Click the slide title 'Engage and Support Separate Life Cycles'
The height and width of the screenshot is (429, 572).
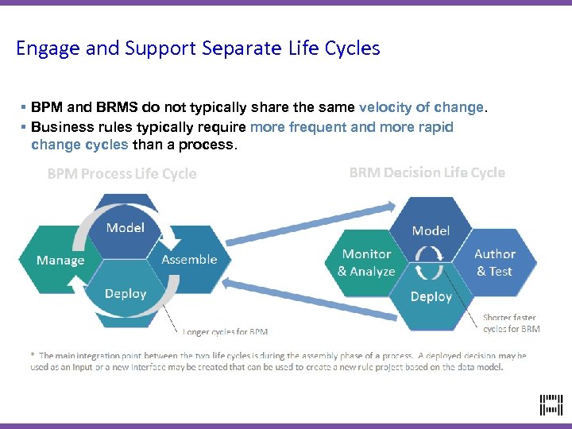(198, 48)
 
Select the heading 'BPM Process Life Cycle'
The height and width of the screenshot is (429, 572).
(122, 174)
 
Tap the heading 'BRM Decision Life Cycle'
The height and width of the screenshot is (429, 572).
(427, 172)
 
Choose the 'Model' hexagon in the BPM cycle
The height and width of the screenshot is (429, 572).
(126, 227)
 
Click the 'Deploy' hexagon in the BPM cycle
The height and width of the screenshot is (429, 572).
(126, 294)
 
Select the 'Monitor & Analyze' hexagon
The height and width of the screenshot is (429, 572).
(366, 262)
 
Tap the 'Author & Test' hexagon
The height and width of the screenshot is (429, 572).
(495, 262)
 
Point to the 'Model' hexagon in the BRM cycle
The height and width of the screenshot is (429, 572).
(431, 230)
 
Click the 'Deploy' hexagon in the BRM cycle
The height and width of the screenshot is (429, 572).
(431, 297)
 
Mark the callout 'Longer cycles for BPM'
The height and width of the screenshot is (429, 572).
(226, 331)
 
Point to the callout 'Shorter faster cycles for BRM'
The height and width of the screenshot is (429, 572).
(511, 323)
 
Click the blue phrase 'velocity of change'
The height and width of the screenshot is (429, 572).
(421, 107)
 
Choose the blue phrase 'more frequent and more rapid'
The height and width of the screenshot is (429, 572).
(351, 127)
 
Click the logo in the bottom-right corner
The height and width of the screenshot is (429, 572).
(551, 405)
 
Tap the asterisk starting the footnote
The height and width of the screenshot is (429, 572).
(33, 356)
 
